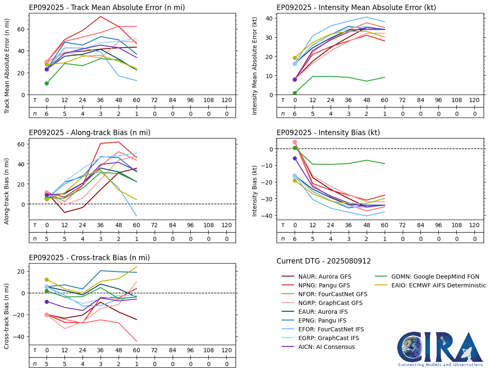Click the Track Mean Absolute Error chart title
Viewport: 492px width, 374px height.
tap(107, 8)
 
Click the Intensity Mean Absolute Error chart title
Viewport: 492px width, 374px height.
tap(356, 8)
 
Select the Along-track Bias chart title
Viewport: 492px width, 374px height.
tap(90, 133)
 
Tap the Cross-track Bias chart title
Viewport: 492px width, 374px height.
tap(89, 258)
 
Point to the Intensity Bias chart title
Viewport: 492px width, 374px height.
tap(328, 133)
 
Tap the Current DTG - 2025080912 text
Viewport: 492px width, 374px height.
tap(324, 261)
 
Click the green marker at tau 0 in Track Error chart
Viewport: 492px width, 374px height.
tap(47, 84)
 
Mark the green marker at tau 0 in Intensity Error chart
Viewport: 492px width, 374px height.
tap(295, 93)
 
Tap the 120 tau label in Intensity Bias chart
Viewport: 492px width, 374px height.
tap(474, 225)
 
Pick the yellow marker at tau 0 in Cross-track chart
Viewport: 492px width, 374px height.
tap(47, 279)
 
